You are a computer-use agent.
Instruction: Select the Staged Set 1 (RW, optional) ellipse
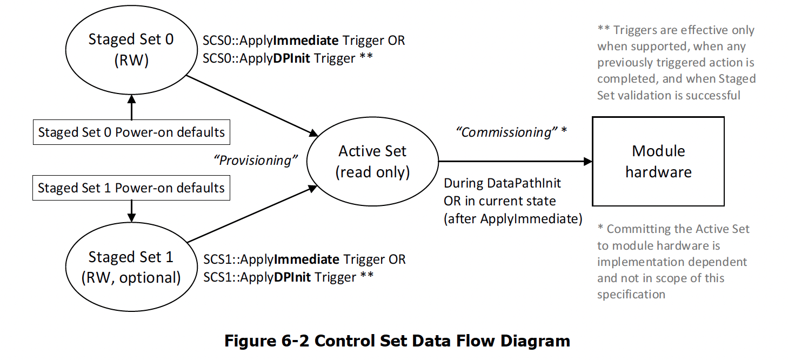[x=131, y=267]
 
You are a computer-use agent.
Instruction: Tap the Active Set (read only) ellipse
[x=372, y=161]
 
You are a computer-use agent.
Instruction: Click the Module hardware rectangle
[x=658, y=161]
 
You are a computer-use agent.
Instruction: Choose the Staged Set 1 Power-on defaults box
[x=131, y=188]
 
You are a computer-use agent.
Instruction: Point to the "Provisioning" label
[x=256, y=161]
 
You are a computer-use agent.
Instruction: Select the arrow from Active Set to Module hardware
[x=513, y=161]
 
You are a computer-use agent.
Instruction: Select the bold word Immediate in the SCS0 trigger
[x=306, y=41]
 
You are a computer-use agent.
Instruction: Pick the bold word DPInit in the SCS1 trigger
[x=293, y=277]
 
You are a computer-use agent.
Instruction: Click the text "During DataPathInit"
[x=502, y=183]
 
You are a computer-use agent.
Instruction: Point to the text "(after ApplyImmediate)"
[x=513, y=219]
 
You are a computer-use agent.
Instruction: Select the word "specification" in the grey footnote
[x=631, y=294]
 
